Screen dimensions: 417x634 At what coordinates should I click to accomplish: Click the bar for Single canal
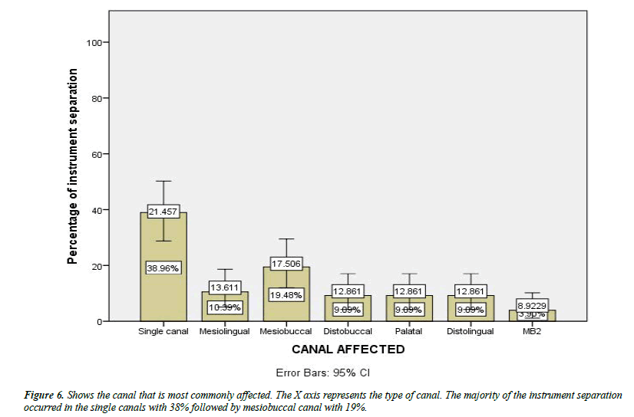[x=163, y=238]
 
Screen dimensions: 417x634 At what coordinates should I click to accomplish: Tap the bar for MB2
[x=531, y=316]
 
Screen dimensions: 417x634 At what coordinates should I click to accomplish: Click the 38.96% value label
[x=163, y=268]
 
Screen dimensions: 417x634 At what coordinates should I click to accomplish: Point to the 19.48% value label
[x=286, y=294]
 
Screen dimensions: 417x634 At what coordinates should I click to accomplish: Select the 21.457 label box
[x=163, y=211]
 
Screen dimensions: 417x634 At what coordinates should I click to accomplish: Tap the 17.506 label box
[x=286, y=261]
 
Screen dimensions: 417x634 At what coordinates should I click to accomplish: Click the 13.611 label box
[x=224, y=287]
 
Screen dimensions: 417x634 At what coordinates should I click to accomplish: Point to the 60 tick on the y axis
[x=97, y=154]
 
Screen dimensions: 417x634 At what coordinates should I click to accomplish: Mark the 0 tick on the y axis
[x=100, y=321]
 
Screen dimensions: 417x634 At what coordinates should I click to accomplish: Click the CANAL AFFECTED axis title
[x=348, y=350]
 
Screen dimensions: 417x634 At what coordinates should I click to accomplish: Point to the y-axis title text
[x=73, y=166]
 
